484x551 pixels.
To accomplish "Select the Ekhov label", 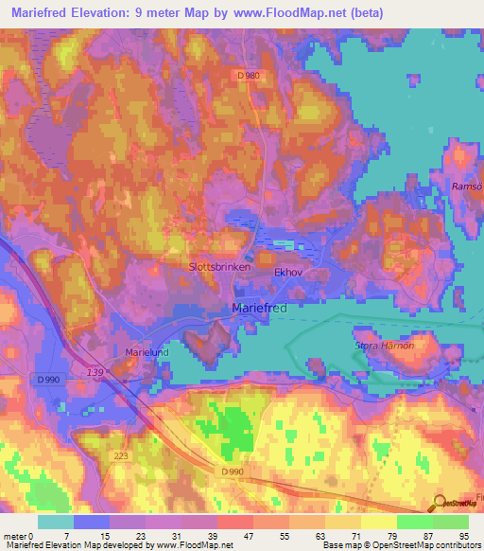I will (287, 271).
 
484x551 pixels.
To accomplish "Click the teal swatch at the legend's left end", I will (56, 521).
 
